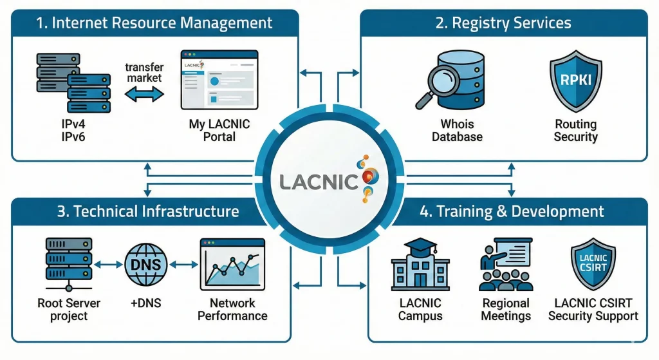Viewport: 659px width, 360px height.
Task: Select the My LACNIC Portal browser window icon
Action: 219,80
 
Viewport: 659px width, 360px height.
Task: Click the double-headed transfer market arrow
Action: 144,95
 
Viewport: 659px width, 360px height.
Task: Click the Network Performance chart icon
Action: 232,265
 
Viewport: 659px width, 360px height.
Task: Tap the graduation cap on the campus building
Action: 421,248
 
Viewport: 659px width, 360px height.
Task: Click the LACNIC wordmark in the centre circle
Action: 319,180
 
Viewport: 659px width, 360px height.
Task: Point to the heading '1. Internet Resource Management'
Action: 154,24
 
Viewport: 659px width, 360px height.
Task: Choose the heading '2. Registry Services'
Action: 503,24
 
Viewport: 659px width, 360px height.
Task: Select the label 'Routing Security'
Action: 576,130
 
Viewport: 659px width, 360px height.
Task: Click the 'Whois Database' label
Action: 457,130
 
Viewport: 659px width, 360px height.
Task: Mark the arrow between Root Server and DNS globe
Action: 107,264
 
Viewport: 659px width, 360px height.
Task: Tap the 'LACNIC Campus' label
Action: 420,309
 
